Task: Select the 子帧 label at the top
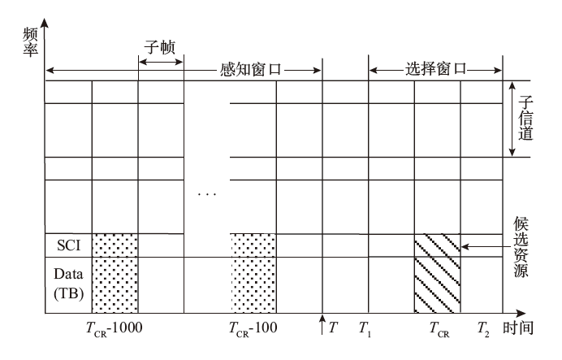coord(159,46)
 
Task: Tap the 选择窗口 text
coord(435,70)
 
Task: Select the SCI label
coord(68,245)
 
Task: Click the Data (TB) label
coord(68,284)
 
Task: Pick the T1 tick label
coord(364,329)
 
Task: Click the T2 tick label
coord(482,329)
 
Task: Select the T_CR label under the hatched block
coord(439,330)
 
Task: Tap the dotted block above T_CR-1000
coord(115,273)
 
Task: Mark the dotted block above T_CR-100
coord(253,273)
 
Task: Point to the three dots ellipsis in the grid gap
coord(207,195)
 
